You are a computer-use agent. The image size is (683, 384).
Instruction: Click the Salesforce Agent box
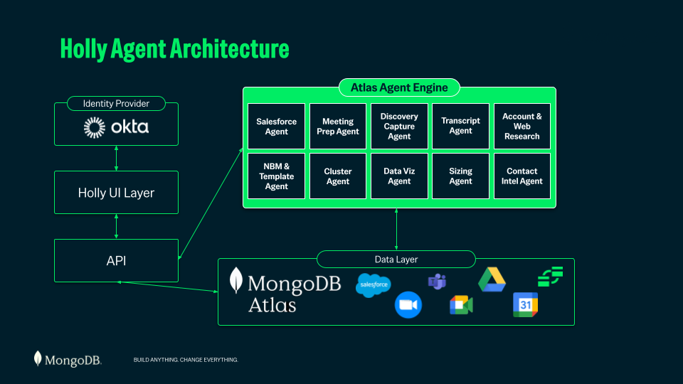(x=276, y=127)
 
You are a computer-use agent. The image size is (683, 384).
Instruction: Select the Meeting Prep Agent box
(x=337, y=127)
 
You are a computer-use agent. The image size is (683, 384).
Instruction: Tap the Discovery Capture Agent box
(x=399, y=127)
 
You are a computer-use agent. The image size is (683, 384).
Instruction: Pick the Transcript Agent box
(x=460, y=127)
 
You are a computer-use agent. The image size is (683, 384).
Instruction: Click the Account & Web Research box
(x=521, y=127)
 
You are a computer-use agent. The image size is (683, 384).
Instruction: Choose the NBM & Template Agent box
(x=276, y=176)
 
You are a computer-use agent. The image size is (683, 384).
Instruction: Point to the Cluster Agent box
(x=337, y=176)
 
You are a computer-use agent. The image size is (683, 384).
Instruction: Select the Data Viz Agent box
(x=399, y=176)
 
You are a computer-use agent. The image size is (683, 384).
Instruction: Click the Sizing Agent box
(x=460, y=176)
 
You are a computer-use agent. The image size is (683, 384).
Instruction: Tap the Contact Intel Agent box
(x=521, y=176)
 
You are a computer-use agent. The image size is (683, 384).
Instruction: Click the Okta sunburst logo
(x=95, y=127)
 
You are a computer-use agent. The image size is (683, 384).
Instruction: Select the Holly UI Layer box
(x=116, y=193)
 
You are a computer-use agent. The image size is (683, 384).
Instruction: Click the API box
(x=116, y=260)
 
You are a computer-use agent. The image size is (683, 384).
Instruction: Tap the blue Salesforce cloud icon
(x=374, y=285)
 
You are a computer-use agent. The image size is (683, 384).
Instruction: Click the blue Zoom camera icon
(x=408, y=305)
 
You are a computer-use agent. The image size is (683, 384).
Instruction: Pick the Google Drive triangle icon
(x=492, y=279)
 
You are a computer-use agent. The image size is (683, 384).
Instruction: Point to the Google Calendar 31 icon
(x=525, y=305)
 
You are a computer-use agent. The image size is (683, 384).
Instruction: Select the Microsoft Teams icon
(x=437, y=282)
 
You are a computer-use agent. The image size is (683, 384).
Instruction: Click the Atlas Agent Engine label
(x=399, y=87)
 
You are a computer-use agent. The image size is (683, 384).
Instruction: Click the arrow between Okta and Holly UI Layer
(x=116, y=158)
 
